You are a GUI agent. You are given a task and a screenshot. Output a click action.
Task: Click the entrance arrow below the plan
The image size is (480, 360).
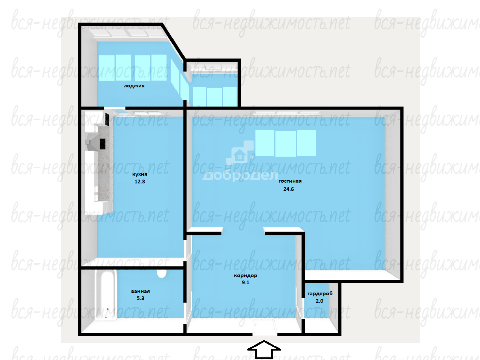pyautogui.click(x=264, y=350)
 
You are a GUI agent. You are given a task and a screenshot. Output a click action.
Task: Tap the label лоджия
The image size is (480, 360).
pyautogui.click(x=134, y=86)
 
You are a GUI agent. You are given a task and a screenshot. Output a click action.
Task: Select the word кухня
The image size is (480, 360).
pyautogui.click(x=140, y=174)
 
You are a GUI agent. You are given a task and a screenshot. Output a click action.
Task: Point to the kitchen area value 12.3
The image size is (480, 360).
pyautogui.click(x=140, y=182)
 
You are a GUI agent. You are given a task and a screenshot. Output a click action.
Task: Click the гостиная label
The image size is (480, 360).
pyautogui.click(x=290, y=181)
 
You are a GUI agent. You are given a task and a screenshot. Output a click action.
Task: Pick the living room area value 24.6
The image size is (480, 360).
pyautogui.click(x=289, y=189)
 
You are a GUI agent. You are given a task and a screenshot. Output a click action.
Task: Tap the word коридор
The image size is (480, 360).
pyautogui.click(x=246, y=276)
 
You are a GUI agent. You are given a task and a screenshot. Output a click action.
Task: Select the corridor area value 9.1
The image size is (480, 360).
pyautogui.click(x=245, y=282)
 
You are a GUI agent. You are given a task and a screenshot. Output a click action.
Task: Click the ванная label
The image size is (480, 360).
pyautogui.click(x=141, y=291)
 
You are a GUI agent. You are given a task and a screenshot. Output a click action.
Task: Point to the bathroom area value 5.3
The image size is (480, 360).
pyautogui.click(x=141, y=298)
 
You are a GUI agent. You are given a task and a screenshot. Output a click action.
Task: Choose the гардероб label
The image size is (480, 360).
pyautogui.click(x=320, y=294)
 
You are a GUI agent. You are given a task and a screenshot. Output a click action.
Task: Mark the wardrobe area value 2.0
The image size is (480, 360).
pyautogui.click(x=319, y=301)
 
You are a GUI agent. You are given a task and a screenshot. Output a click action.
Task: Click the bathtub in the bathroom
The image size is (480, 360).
pyautogui.click(x=105, y=295)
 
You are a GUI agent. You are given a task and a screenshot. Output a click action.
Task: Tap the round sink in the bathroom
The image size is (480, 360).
pyautogui.click(x=162, y=273)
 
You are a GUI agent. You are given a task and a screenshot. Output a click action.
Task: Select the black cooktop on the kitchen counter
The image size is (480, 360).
pyautogui.click(x=102, y=144)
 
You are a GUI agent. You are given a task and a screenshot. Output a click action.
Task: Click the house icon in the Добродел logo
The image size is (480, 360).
pyautogui.click(x=240, y=155)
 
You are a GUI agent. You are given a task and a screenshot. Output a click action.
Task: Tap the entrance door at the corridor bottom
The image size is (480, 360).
pyautogui.click(x=265, y=327)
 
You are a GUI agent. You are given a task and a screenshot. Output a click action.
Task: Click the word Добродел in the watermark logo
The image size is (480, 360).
pyautogui.click(x=240, y=176)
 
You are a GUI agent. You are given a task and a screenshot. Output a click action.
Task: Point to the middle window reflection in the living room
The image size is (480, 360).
pyautogui.click(x=285, y=143)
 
